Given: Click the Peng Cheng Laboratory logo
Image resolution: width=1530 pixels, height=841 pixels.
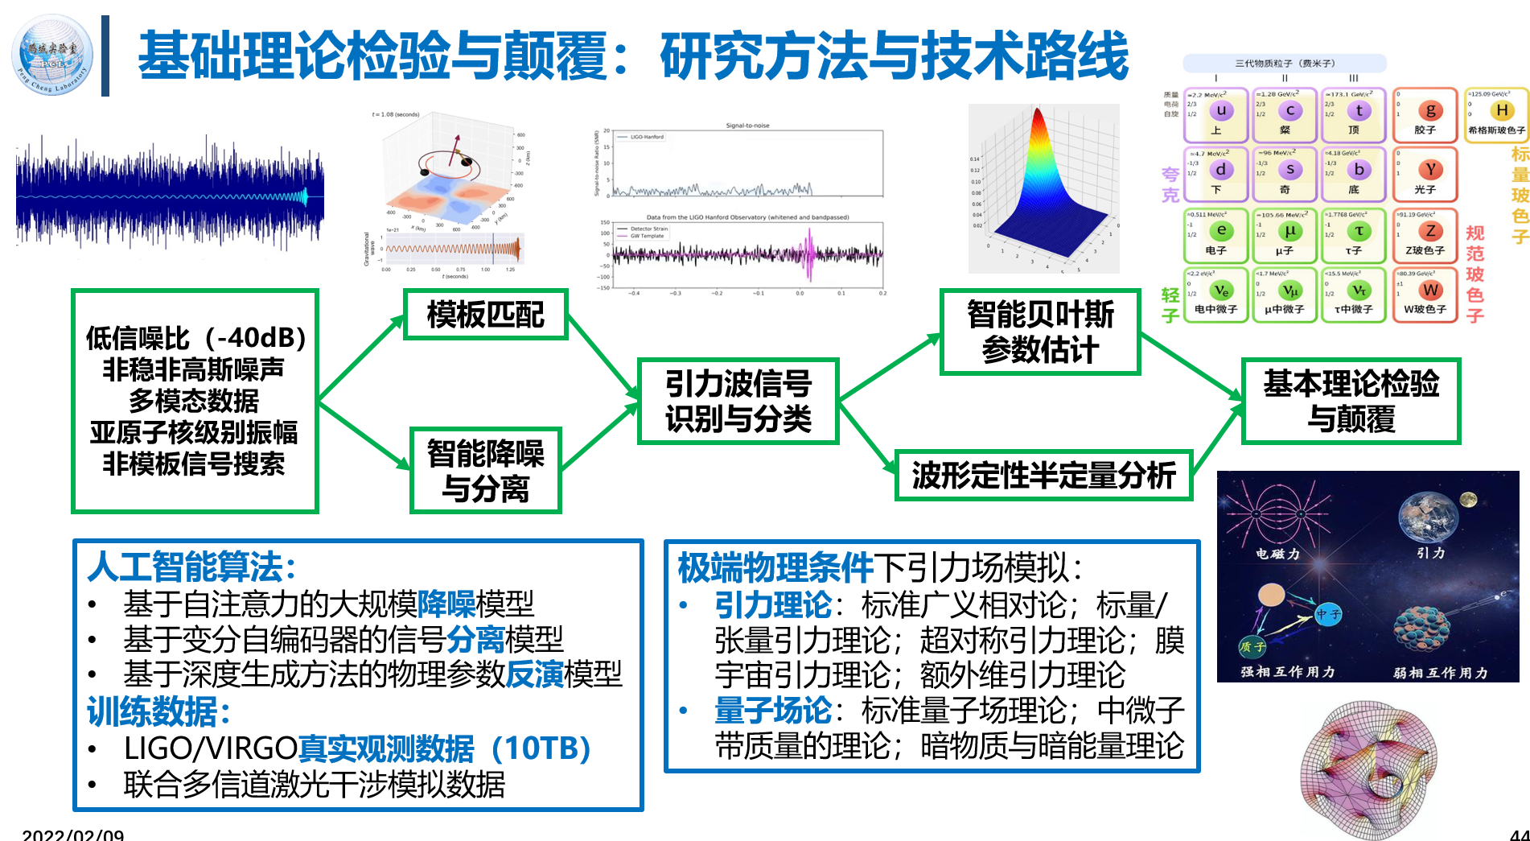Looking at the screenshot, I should pos(52,55).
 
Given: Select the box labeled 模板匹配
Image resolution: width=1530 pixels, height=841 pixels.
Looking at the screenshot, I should pos(485,315).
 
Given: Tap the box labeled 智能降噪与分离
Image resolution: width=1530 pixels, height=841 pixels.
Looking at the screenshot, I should pos(485,471).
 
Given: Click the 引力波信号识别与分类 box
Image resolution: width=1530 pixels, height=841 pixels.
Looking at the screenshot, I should pos(738,401).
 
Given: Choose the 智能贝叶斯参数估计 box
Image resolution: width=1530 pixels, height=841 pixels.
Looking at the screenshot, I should pos(1040,332).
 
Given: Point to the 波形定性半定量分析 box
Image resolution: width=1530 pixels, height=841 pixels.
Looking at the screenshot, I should pos(1043,476).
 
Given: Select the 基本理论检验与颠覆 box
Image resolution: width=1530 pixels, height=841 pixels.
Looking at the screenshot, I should pos(1351,401).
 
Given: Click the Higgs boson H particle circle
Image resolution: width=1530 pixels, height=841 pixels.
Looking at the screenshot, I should pos(1501,110).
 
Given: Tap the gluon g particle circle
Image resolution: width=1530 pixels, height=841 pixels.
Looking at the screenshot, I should pos(1429,110).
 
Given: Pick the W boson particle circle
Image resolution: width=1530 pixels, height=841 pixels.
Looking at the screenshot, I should pos(1429,290).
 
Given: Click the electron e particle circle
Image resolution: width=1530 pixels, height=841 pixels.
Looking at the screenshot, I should pos(1221,230).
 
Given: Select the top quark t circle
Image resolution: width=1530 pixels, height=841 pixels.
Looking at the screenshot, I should pos(1359,110).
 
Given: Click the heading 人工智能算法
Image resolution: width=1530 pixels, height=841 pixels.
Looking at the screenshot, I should pos(191,567).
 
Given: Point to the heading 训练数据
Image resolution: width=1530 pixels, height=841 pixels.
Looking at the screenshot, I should pos(159,711).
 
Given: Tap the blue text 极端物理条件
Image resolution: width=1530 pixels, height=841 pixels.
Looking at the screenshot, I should pos(775,567).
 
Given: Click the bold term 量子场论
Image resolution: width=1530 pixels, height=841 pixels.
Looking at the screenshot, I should pos(773,711).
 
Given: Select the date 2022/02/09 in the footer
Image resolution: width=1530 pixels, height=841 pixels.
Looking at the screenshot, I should pos(73,835).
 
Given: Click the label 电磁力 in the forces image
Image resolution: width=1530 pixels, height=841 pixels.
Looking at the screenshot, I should pos(1277,554).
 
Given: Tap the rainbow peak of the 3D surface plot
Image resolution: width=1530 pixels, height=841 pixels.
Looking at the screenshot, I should pos(1039,129).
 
